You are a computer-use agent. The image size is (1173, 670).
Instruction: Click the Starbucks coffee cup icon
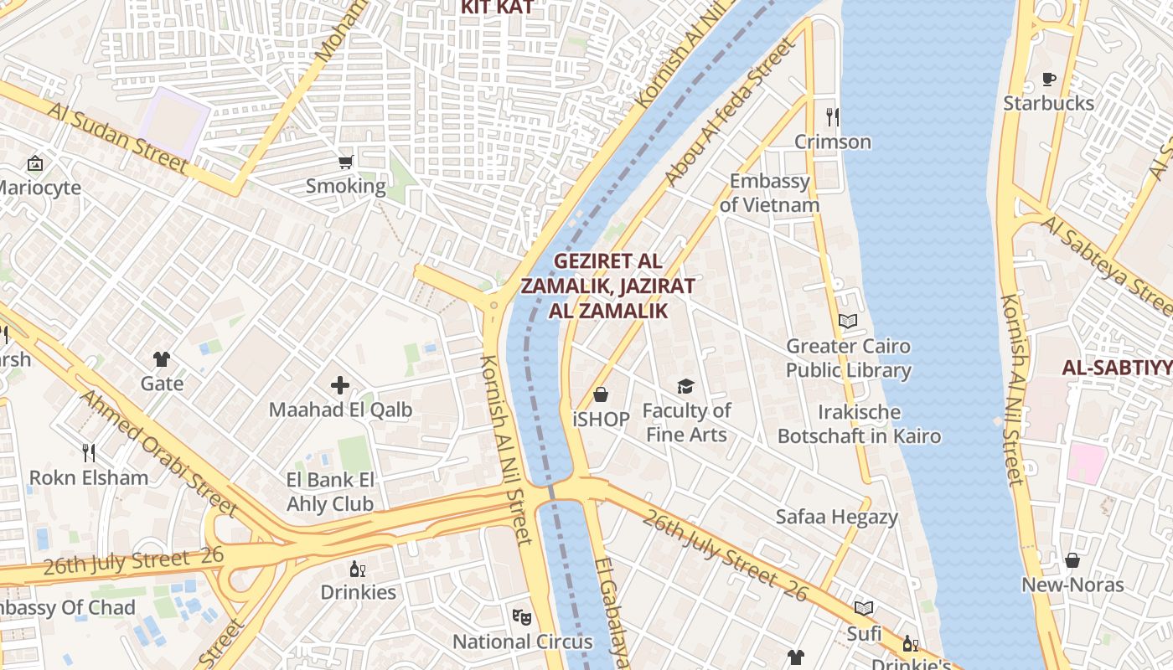(1048, 80)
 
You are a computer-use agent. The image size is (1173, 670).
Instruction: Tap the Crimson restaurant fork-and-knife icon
(832, 116)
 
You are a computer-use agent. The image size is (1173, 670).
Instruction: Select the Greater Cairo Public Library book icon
(848, 321)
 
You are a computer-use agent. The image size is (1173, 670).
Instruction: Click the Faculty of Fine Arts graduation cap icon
(686, 386)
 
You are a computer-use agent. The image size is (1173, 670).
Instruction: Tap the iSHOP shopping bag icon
(601, 394)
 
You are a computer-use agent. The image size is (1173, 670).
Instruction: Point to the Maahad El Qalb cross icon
(339, 385)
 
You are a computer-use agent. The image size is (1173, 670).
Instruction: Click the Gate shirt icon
(162, 359)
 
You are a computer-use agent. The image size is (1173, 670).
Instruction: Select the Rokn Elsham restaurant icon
(89, 453)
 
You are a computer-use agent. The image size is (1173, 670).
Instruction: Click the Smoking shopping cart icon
(345, 162)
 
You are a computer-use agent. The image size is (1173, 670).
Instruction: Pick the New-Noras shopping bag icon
(1072, 560)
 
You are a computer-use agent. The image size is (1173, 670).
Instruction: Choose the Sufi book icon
(864, 609)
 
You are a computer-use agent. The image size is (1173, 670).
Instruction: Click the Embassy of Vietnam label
(769, 193)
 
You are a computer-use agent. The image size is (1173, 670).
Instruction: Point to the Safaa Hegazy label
(836, 517)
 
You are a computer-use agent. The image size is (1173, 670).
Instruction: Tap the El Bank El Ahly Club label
(330, 492)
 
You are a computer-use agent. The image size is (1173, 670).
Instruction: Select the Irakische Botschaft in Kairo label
(859, 424)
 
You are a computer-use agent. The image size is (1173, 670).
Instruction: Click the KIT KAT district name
(497, 8)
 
